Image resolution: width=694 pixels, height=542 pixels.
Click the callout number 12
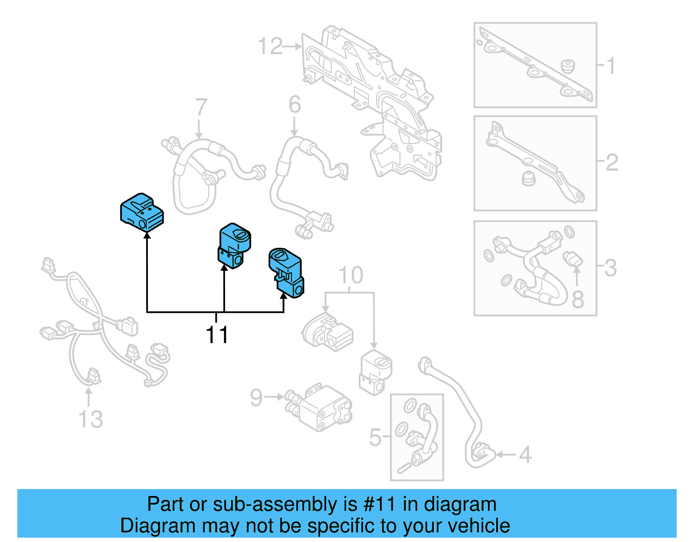(270, 46)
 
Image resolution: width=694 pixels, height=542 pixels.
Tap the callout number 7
(201, 107)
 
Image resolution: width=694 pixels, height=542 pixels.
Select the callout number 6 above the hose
(295, 105)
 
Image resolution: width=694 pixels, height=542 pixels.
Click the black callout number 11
(216, 335)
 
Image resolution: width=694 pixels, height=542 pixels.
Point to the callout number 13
(91, 420)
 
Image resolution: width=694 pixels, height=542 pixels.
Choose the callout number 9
(256, 397)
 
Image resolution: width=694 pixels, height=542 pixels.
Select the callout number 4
(525, 455)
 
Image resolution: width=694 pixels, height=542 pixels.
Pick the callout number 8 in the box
(578, 299)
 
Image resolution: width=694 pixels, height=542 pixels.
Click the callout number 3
(610, 268)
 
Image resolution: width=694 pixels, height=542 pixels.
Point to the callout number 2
(612, 162)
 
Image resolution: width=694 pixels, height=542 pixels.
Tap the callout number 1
(611, 66)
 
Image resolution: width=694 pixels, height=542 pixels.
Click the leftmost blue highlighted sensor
(142, 213)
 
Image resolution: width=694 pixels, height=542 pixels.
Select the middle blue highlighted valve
(234, 246)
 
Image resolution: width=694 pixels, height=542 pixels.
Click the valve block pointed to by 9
(323, 407)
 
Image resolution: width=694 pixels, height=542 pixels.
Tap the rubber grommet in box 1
(567, 66)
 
